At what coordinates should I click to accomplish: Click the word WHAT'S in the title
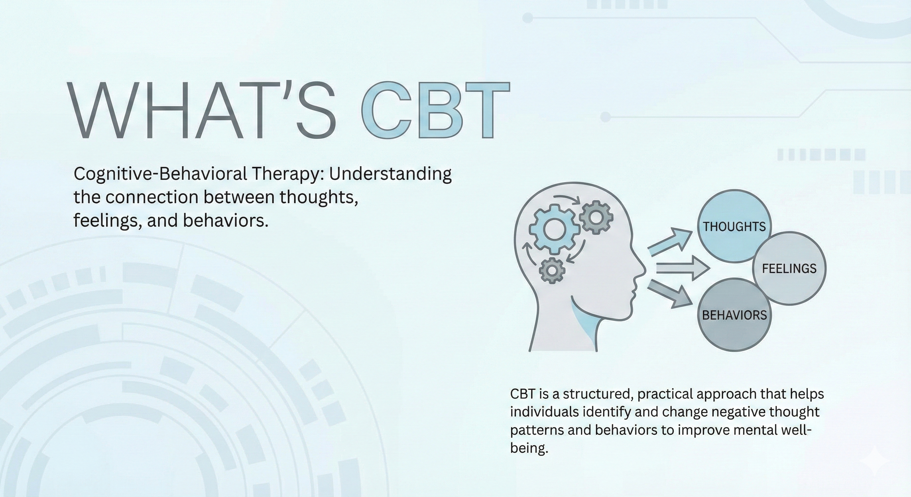[x=202, y=110]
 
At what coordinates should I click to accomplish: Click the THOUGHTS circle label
[x=734, y=227]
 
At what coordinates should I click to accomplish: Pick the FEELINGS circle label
[x=789, y=269]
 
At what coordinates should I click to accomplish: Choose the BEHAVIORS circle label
[x=734, y=315]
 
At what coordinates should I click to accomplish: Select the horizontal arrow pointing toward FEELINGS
[x=682, y=269]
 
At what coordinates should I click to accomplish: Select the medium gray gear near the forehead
[x=596, y=217]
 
